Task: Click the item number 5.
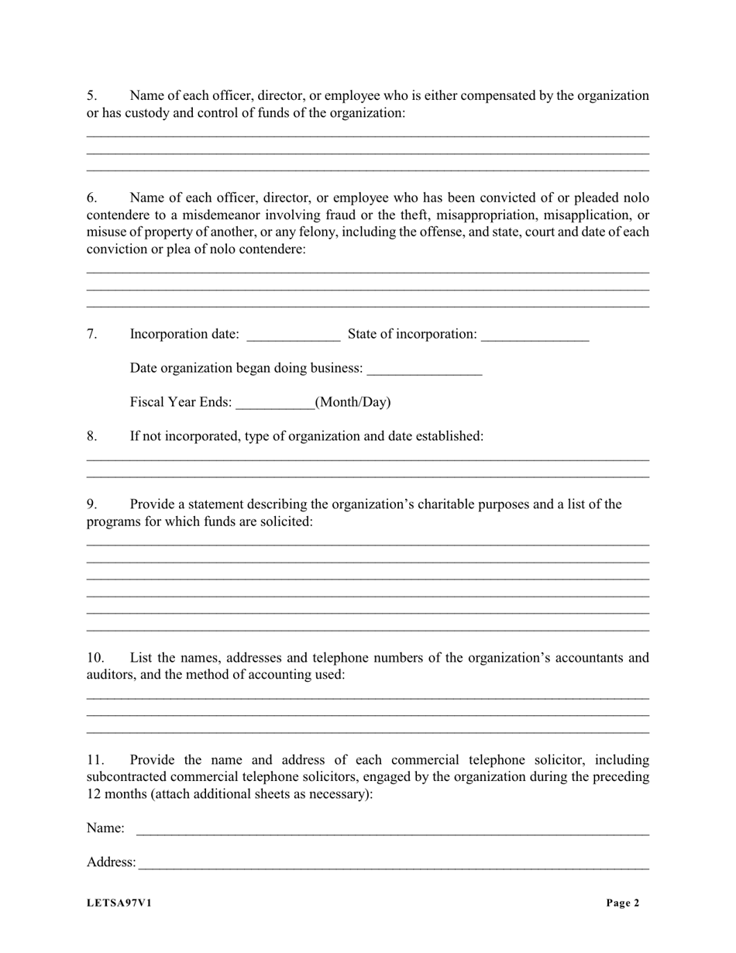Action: tap(91, 96)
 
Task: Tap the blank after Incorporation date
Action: tap(293, 335)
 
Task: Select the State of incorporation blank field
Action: tap(535, 335)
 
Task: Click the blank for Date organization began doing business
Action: tap(424, 370)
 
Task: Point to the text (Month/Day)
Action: tap(353, 402)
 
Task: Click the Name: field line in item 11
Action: tap(392, 830)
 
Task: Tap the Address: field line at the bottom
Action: tap(393, 864)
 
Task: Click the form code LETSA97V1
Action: tap(119, 903)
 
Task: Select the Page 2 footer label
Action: tap(623, 903)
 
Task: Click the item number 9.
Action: tap(91, 504)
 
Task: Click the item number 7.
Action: tap(91, 334)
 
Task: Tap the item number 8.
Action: tap(91, 436)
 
